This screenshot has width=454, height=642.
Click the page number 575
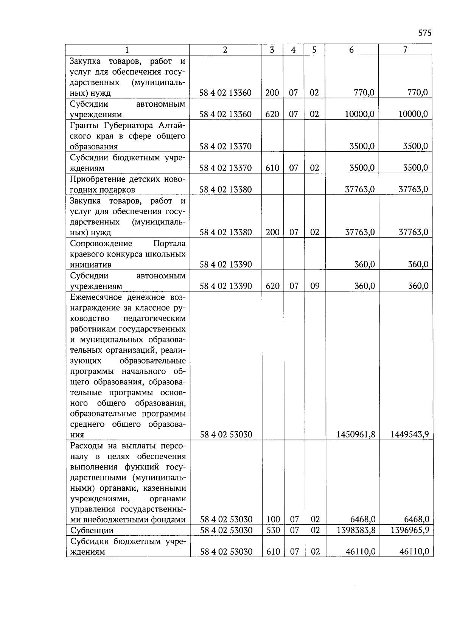425,33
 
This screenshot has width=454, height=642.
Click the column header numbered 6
351,50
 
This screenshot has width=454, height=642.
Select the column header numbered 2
225,50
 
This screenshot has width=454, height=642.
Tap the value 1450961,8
356,434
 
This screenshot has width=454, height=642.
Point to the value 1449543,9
409,434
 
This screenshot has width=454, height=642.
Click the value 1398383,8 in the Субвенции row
356,530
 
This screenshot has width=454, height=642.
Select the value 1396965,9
409,530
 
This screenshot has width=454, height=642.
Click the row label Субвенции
92,530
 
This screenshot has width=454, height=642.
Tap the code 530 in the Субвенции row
273,530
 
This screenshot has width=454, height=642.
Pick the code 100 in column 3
273,519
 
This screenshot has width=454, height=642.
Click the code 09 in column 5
315,286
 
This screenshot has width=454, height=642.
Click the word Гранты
84,125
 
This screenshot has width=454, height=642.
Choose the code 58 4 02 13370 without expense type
225,146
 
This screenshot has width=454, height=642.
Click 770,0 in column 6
364,93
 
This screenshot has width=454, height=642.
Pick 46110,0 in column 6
360,552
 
